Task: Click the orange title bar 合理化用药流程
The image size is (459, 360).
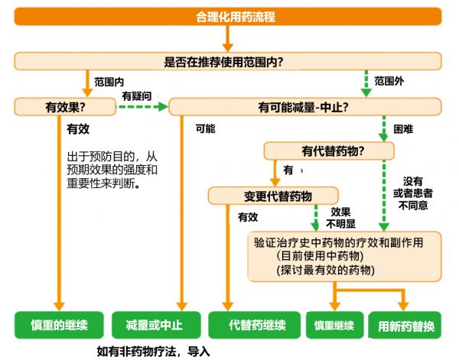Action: pos(228,17)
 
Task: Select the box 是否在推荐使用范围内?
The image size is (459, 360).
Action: pos(228,61)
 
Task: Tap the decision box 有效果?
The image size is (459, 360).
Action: pos(65,107)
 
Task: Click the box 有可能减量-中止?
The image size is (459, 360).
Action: pos(305,107)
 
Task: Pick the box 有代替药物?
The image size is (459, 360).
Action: pos(329,151)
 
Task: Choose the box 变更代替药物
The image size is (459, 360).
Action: pos(273,196)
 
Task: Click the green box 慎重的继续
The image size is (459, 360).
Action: pos(59,325)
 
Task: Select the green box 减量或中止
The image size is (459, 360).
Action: pos(156,325)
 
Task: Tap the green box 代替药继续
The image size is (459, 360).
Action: pos(255,325)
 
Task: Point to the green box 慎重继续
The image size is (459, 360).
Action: pos(335,325)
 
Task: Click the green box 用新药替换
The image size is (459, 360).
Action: pos(405,325)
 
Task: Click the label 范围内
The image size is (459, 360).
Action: pos(109,82)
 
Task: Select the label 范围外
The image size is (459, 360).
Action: pos(389,81)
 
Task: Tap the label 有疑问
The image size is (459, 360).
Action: pos(137,96)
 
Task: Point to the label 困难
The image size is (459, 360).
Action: pos(403,128)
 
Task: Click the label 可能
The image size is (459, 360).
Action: pos(206,128)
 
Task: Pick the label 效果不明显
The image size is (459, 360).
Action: pos(340,218)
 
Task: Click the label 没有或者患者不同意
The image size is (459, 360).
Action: pos(413,193)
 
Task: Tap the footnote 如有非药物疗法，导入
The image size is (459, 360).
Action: pos(154,352)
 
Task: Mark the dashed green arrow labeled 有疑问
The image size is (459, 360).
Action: pos(142,107)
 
